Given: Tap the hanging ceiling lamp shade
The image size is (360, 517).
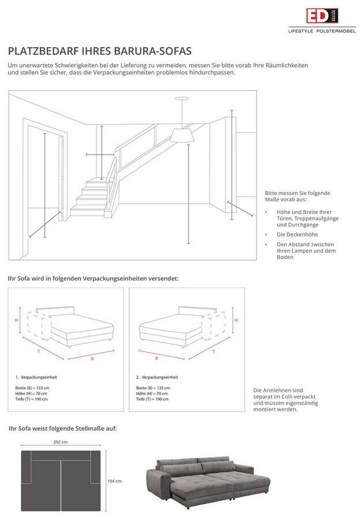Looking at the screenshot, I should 182,135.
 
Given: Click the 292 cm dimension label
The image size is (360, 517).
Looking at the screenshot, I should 61,442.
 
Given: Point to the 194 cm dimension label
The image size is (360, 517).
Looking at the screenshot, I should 115,481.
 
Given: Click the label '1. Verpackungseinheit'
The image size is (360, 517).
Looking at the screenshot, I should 36,377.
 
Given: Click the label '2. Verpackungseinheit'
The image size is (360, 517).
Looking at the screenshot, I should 157,377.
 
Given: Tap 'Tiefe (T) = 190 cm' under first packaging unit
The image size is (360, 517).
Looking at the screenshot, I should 32,399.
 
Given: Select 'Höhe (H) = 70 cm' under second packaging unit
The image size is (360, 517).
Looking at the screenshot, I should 152,394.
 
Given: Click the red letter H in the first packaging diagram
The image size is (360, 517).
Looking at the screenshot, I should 17,319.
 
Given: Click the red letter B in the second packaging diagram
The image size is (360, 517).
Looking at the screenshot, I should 156,358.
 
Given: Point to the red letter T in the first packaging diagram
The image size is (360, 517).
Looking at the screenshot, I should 39,350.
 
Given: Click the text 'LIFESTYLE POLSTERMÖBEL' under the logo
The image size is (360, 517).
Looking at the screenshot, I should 322,31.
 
